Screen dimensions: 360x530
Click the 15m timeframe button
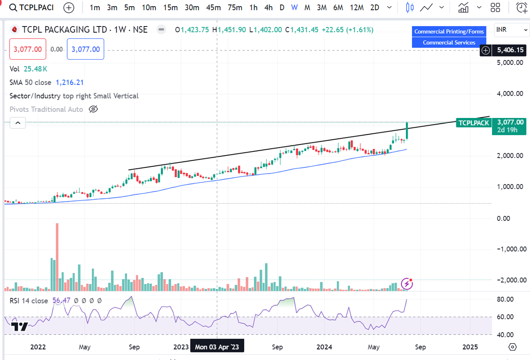click(170, 8)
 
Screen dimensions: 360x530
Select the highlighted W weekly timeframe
click(294, 8)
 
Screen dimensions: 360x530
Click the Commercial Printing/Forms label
click(449, 31)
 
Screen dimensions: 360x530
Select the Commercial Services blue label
click(449, 42)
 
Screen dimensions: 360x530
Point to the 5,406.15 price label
click(510, 50)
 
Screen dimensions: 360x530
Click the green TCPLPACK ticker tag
click(473, 122)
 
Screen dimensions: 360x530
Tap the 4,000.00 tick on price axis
click(510, 94)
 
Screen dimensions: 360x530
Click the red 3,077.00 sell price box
click(28, 49)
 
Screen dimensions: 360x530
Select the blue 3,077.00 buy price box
click(86, 49)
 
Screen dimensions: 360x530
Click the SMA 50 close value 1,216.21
click(69, 83)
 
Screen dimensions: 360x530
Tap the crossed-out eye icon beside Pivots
click(93, 109)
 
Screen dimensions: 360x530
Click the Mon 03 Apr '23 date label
click(216, 347)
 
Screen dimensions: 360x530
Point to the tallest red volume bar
click(57, 256)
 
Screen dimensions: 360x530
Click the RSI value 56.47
click(61, 300)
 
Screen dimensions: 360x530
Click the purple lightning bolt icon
click(407, 284)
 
